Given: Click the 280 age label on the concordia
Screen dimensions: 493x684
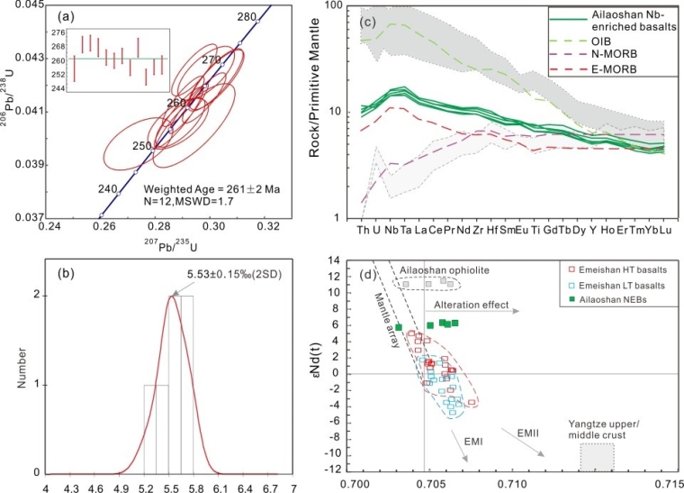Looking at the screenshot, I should [246, 17].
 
